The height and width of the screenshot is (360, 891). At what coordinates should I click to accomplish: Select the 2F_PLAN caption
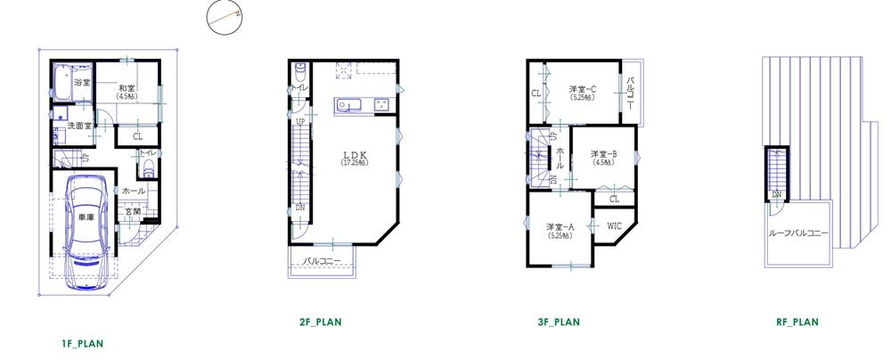tap(322, 322)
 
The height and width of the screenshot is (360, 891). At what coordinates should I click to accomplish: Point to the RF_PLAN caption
tap(797, 322)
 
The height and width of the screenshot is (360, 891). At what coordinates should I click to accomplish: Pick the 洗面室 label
tap(80, 126)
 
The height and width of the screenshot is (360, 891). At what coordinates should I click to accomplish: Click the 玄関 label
tap(132, 210)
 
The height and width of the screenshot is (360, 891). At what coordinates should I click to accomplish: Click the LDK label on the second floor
tap(348, 154)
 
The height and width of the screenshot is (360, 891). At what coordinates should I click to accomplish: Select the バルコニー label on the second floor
tap(322, 261)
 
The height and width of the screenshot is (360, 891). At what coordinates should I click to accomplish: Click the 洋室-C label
tap(583, 88)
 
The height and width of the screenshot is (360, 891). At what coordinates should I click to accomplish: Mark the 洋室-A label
tap(560, 226)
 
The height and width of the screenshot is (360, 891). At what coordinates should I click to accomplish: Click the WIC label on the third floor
tap(615, 225)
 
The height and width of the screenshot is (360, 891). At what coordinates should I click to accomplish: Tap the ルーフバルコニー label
tap(798, 233)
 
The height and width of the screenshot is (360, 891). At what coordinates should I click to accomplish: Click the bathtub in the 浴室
tap(62, 82)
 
